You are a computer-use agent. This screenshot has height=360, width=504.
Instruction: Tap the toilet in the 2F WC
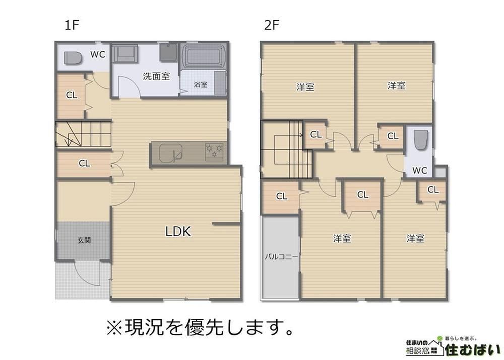click(x=420, y=140)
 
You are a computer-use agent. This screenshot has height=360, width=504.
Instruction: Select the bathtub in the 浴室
click(x=204, y=56)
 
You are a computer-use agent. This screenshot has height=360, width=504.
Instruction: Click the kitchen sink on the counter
click(x=171, y=152)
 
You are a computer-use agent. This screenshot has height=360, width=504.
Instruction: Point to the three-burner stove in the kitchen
click(x=214, y=151)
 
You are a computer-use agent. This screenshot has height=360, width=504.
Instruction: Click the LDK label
click(x=178, y=231)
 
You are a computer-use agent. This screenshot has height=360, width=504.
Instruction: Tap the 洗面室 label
click(x=156, y=76)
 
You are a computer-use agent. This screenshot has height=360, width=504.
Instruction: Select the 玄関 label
click(x=84, y=240)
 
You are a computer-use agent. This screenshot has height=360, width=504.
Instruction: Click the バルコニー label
click(x=282, y=257)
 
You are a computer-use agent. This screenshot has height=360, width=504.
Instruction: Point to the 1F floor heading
click(x=72, y=25)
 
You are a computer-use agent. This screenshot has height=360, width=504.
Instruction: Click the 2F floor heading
click(x=272, y=25)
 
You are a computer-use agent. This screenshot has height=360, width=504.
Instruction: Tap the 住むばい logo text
click(x=473, y=350)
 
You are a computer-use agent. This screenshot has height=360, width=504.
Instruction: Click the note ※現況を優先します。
click(x=200, y=327)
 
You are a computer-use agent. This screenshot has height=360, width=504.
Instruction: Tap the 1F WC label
click(x=97, y=54)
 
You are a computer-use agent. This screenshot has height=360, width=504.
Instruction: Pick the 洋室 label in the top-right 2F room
click(x=396, y=86)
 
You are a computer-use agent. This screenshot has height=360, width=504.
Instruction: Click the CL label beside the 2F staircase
click(x=316, y=134)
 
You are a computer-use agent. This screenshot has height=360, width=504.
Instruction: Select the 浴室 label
click(x=201, y=85)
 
